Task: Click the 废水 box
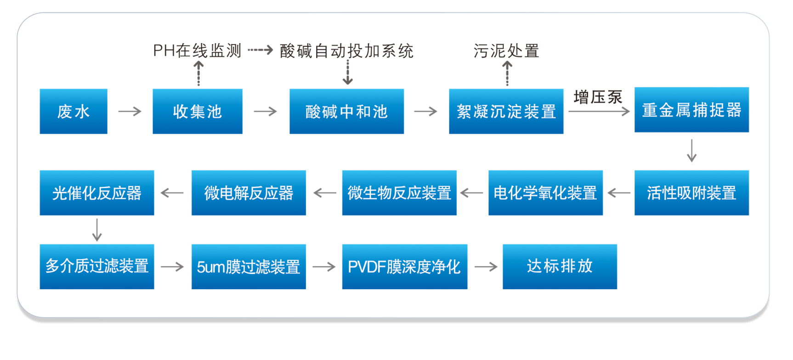click(x=74, y=112)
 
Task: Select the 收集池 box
click(x=198, y=112)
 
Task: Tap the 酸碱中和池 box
click(x=346, y=112)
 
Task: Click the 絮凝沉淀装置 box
click(x=506, y=112)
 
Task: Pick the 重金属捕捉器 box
click(x=691, y=110)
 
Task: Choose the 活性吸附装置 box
click(x=691, y=193)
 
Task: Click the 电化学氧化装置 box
click(x=545, y=193)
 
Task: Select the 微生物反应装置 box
click(x=399, y=193)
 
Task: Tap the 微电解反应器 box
click(x=249, y=193)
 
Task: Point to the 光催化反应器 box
click(x=97, y=193)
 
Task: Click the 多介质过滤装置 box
click(x=97, y=267)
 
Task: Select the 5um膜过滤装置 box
click(x=249, y=267)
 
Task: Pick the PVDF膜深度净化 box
click(x=404, y=267)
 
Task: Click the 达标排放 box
click(x=560, y=267)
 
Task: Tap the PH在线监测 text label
click(x=197, y=51)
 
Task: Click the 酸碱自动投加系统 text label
click(x=347, y=51)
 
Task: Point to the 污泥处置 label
click(x=506, y=51)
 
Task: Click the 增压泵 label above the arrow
click(x=598, y=97)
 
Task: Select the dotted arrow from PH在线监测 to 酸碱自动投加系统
click(x=261, y=50)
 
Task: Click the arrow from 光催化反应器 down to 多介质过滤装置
click(x=97, y=230)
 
